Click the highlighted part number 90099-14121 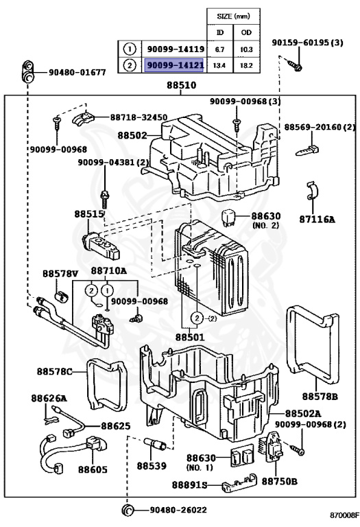pos(174,65)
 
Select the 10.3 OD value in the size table pos(246,49)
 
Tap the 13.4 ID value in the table pos(219,66)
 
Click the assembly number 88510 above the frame pos(181,85)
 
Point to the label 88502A pos(303,413)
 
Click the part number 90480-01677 pos(77,72)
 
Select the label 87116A pos(317,220)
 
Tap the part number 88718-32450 pos(139,117)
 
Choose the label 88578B pos(320,396)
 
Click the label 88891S pos(189,485)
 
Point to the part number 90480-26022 pos(178,510)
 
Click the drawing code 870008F pos(344,515)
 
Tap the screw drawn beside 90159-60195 pos(294,65)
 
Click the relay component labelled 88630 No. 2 pos(229,217)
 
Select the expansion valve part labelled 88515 pos(101,246)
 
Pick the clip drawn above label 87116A pos(313,191)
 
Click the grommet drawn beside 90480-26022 pos(128,510)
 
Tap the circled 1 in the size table pos(130,49)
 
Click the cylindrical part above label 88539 pos(155,444)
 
